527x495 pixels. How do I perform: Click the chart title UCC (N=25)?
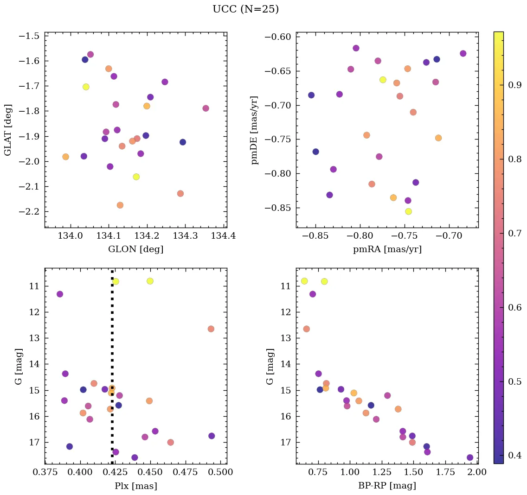[x=245, y=9]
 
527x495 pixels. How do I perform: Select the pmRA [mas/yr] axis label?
[x=387, y=249]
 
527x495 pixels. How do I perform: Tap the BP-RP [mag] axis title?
[x=387, y=486]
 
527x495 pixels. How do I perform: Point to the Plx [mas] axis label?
[x=135, y=486]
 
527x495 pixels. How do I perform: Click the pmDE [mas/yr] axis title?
[x=255, y=130]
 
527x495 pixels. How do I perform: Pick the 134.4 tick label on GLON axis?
[x=223, y=236]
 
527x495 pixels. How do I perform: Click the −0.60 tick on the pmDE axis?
[x=277, y=37]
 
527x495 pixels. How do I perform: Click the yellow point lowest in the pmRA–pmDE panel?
[x=408, y=211]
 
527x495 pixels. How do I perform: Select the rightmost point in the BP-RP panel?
[x=470, y=457]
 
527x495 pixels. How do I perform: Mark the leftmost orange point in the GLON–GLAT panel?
[x=65, y=157]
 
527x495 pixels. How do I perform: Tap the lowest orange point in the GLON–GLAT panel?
[x=120, y=205]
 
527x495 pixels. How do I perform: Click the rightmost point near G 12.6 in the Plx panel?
[x=211, y=329]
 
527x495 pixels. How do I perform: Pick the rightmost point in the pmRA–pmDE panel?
[x=463, y=53]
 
